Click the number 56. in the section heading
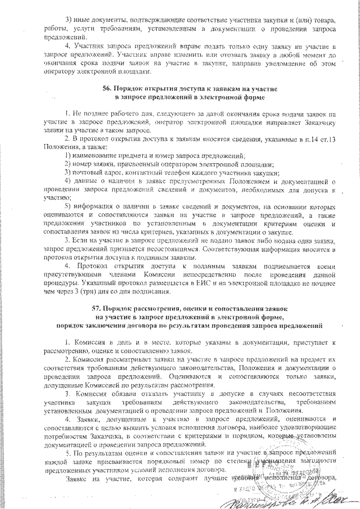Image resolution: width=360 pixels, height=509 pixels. tap(107, 88)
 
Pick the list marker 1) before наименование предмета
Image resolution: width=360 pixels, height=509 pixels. tap(68, 154)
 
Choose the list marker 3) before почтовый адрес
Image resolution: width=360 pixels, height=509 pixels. tap(68, 172)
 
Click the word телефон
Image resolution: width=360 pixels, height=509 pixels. tap(191, 172)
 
